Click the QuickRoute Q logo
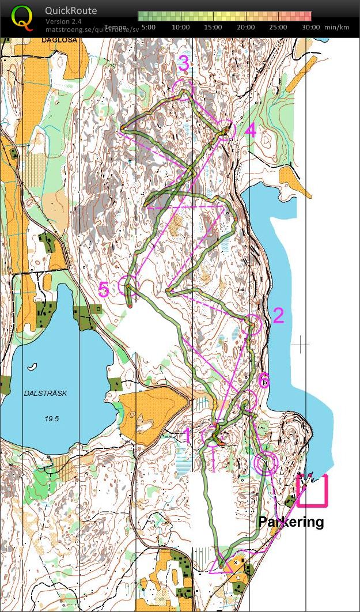tap(22, 17)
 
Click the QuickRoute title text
tap(71, 11)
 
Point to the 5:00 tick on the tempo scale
tap(148, 27)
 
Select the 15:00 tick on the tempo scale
tap(213, 27)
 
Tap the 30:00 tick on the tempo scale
tap(310, 27)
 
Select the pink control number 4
tap(250, 131)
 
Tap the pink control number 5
tap(104, 289)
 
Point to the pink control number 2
tap(278, 315)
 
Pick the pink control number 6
tap(264, 380)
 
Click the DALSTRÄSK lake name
tap(46, 394)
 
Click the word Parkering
tap(291, 522)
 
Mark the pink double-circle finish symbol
tap(266, 463)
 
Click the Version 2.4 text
tap(64, 21)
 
